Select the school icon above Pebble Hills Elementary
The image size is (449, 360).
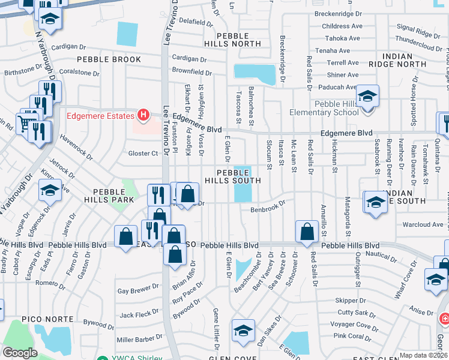[367, 95]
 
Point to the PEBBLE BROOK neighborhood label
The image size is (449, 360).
[109, 59]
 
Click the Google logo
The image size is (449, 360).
[20, 352]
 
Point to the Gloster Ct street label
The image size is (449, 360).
[143, 154]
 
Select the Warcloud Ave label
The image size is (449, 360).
[422, 225]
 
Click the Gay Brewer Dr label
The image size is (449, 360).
[138, 290]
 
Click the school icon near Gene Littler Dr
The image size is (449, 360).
[243, 331]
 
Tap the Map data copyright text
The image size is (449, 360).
[424, 355]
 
